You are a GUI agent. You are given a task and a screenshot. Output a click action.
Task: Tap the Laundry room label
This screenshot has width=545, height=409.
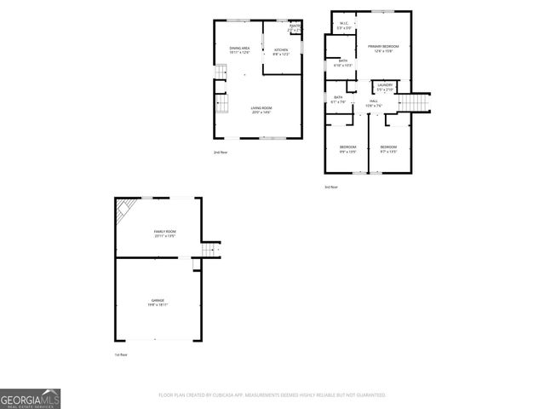[x=384, y=86]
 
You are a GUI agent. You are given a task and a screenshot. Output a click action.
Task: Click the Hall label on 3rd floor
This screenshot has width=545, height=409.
[x=374, y=103]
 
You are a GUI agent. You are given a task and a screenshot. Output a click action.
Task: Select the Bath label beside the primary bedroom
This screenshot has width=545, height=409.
[x=343, y=63]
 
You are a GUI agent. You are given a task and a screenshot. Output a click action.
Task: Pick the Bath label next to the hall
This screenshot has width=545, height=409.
[x=338, y=100]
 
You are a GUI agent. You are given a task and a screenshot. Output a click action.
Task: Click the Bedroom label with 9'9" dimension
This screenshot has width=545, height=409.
[x=347, y=149]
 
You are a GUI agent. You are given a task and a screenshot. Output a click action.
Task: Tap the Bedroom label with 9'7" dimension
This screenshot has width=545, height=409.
[x=388, y=149]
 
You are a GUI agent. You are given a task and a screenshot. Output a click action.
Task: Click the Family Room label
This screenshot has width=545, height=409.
[x=164, y=233]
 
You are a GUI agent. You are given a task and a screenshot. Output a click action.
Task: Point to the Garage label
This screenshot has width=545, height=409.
[x=158, y=302]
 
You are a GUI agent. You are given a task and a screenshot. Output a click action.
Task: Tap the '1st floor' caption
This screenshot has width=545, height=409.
[x=121, y=354]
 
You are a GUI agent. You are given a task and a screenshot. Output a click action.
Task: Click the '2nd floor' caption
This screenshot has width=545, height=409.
[x=221, y=153]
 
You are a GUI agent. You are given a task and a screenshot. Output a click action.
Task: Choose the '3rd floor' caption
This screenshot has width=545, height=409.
[x=330, y=187]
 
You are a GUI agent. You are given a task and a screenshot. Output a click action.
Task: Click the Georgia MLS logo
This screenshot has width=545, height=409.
[x=31, y=399]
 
